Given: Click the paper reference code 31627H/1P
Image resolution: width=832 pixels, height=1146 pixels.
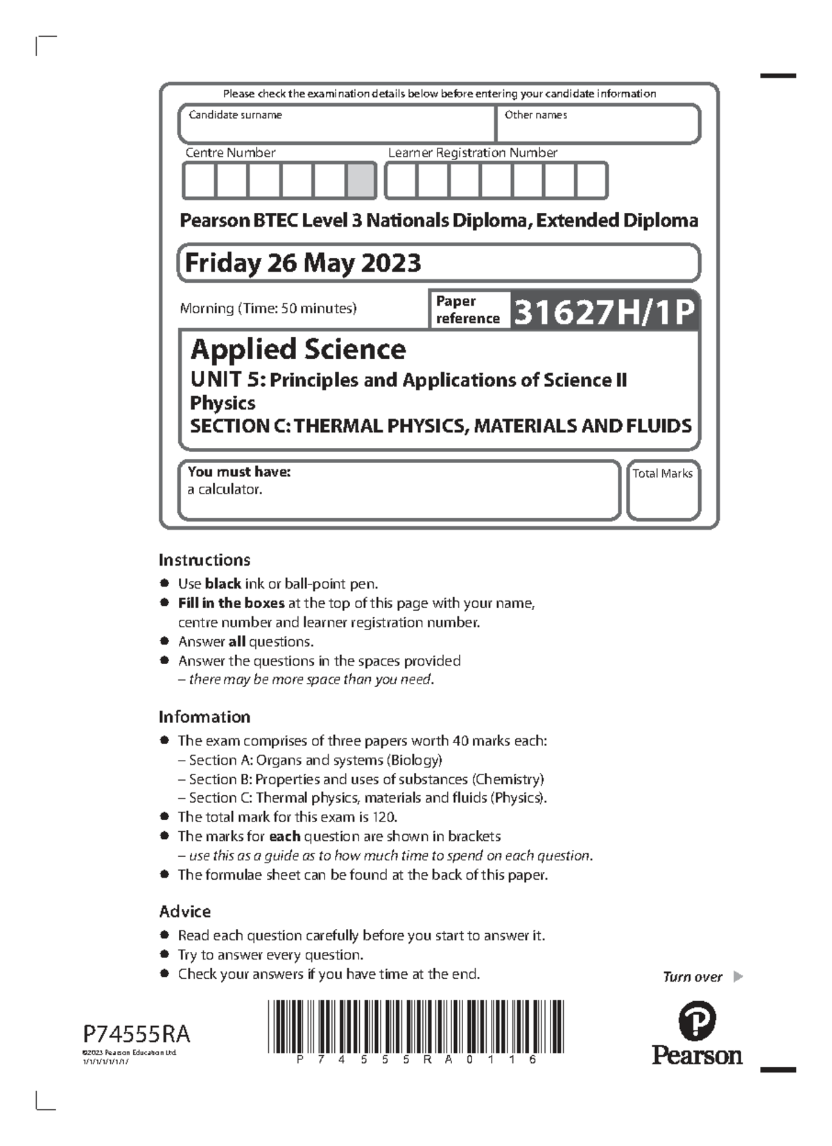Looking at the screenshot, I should tap(603, 312).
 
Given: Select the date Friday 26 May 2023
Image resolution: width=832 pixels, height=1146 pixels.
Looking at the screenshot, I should tap(303, 263).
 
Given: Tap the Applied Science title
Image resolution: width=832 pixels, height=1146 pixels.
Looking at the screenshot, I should tap(298, 349).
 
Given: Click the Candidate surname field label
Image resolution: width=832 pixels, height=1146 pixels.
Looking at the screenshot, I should tap(235, 115).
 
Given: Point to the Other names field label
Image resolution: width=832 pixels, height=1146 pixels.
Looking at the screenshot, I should tap(535, 115).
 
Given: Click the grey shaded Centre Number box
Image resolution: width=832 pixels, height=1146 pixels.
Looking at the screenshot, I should tap(361, 181).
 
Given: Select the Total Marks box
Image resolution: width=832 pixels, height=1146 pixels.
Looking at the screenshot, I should tap(663, 491).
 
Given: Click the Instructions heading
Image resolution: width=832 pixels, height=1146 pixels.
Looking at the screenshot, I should tap(205, 559).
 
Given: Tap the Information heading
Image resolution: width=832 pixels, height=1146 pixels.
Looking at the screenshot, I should tap(205, 717).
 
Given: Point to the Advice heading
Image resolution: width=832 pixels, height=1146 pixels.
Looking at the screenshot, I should tap(185, 911).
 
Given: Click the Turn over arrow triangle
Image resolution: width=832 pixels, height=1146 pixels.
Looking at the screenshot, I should tap(738, 977).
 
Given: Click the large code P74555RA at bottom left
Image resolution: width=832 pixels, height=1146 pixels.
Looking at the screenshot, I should tap(137, 1034).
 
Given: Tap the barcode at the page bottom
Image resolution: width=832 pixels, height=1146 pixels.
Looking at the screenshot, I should tap(415, 1026).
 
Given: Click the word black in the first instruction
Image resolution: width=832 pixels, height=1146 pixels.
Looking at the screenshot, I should tap(223, 584).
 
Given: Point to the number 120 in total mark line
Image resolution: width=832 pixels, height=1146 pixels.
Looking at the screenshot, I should tap(383, 817).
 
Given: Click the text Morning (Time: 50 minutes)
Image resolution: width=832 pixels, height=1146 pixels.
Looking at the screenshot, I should tap(268, 309).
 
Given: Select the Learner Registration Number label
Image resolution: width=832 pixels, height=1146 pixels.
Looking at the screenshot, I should tap(472, 153).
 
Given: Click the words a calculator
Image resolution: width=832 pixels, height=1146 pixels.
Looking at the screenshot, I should tap(225, 489).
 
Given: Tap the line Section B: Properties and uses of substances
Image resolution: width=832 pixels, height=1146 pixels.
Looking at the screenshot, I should tap(366, 779).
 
